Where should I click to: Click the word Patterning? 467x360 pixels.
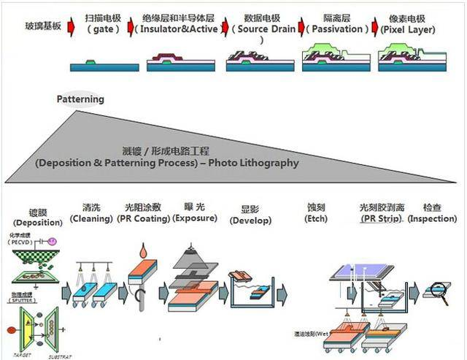click(x=80, y=99)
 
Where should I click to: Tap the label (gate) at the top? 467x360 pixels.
click(x=102, y=29)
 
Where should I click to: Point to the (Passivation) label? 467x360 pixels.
click(x=333, y=29)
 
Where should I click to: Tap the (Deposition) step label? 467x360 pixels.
click(x=33, y=222)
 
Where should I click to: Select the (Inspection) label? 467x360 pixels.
click(x=432, y=218)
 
